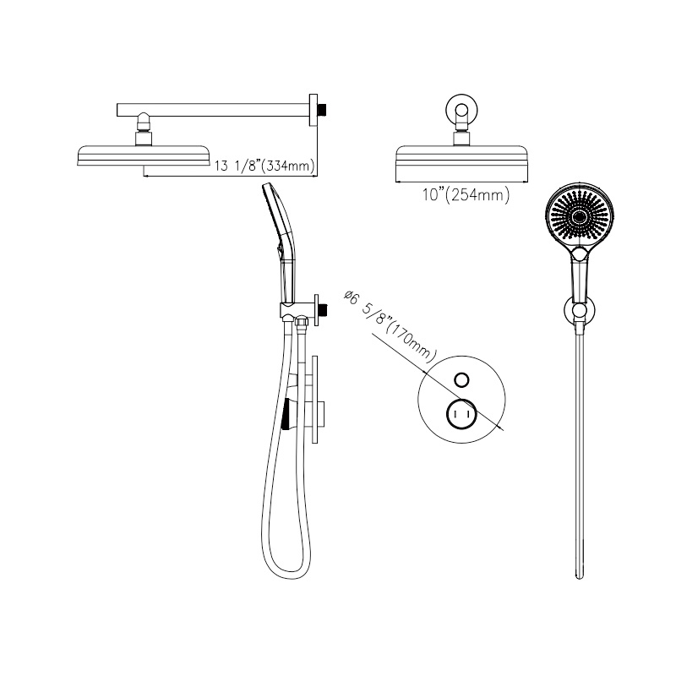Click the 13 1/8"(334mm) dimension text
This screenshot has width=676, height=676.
(x=264, y=166)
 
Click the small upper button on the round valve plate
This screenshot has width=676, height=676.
(x=462, y=379)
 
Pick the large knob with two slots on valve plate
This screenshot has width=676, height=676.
(x=461, y=416)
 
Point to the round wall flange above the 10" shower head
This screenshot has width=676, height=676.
(x=462, y=110)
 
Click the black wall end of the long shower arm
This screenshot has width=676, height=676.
(x=322, y=110)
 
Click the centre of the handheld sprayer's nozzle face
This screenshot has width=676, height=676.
(x=581, y=217)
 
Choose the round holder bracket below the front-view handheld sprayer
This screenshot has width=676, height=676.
(x=579, y=312)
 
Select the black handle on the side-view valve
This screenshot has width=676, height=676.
(x=286, y=414)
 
